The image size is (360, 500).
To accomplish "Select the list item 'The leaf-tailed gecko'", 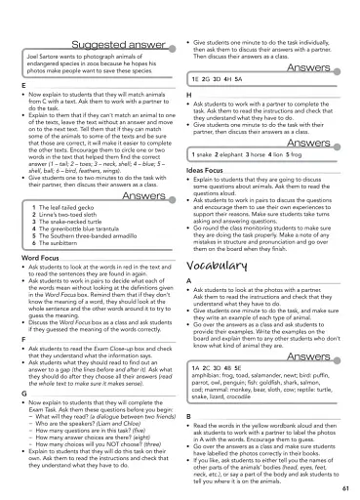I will pos(69,206).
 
